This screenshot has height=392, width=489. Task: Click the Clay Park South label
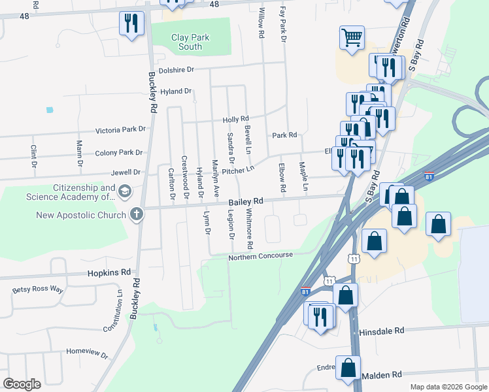(x=190, y=42)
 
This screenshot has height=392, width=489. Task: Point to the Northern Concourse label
(x=260, y=256)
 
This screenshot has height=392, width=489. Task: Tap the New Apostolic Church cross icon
(x=136, y=214)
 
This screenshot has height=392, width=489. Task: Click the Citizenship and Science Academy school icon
(x=124, y=192)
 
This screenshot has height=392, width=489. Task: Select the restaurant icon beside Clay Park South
(x=131, y=24)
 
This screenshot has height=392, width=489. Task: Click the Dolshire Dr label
(x=177, y=69)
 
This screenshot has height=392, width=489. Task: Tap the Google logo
(x=22, y=384)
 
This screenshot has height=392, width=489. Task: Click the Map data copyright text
(x=448, y=387)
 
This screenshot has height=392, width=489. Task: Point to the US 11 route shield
(x=353, y=259)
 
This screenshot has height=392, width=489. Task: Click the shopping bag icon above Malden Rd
(x=348, y=368)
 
